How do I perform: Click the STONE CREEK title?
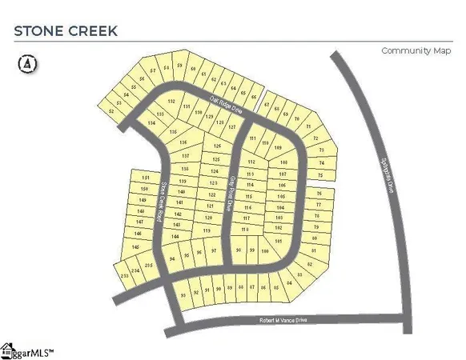coord(65,31)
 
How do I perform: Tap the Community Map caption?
coord(415,50)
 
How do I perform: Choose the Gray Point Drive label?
coord(232,192)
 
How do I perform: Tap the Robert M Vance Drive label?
coord(283,319)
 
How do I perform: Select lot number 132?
coord(171,102)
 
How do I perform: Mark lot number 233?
coord(124,275)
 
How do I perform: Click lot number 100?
coord(264,250)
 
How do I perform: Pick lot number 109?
coord(278,148)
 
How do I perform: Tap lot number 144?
coord(175,238)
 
